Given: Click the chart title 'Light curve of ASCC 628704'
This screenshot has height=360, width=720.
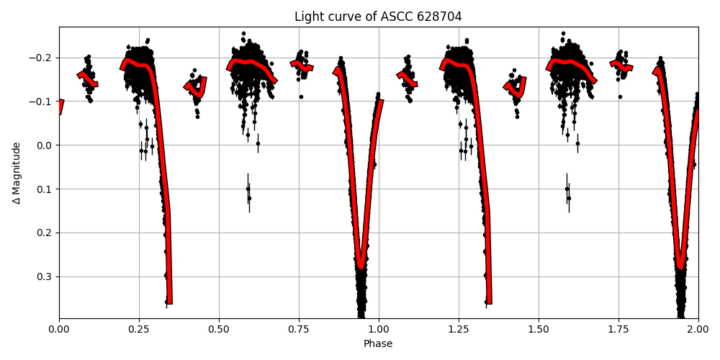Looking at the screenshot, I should click(x=378, y=17).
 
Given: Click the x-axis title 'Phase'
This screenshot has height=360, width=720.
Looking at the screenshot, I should click(x=378, y=344).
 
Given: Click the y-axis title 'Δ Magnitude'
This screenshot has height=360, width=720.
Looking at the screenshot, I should click(x=17, y=173).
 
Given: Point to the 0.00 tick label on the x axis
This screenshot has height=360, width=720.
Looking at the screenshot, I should click(x=59, y=329).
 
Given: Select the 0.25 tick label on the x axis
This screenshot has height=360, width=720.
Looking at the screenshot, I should click(x=139, y=329).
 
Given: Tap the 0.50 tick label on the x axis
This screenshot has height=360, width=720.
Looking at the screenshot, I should click(x=219, y=329).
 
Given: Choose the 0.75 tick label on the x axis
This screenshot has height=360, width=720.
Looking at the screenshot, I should click(x=299, y=329).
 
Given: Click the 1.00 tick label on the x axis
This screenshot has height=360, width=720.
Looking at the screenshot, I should click(x=379, y=329).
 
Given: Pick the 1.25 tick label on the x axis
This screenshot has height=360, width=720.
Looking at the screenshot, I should click(x=459, y=329).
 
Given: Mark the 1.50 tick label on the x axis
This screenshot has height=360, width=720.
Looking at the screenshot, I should click(x=539, y=329).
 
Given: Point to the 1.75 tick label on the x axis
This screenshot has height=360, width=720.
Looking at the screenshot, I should click(x=618, y=329).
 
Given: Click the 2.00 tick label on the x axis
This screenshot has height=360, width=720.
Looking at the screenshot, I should click(x=698, y=329).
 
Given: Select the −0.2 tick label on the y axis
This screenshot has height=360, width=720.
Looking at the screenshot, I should click(x=42, y=58).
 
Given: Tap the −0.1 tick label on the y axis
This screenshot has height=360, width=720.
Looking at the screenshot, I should click(x=42, y=102).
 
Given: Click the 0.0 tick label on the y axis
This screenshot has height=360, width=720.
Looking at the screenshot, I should click(x=45, y=145).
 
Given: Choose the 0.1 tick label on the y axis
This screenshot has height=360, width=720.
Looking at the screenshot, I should click(x=45, y=189).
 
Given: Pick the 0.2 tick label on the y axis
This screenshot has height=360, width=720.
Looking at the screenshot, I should click(x=45, y=233).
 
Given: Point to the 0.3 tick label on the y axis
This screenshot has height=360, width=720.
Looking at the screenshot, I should click(x=45, y=276).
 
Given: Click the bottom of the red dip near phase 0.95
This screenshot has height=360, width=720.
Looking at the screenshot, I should click(x=361, y=265).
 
